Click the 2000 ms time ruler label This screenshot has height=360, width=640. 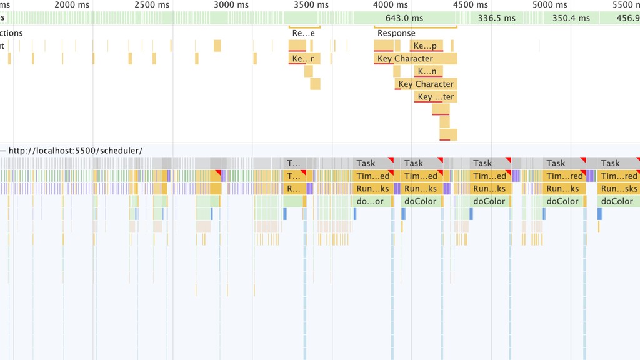click(72, 5)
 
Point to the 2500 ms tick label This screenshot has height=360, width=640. click(153, 5)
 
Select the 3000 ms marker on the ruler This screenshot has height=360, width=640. click(231, 5)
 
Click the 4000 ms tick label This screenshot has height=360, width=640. click(391, 5)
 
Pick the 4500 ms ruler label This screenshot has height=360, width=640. click(471, 5)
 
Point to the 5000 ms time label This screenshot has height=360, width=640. click(550, 5)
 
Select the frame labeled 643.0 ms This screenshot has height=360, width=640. click(404, 18)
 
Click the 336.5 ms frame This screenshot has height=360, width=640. click(497, 18)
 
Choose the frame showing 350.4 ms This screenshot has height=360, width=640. click(571, 18)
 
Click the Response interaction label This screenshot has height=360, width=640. click(396, 33)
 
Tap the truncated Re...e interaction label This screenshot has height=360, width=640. click(304, 33)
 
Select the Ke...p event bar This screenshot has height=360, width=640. click(426, 46)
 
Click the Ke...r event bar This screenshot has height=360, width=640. click(304, 59)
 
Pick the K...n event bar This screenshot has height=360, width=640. click(428, 71)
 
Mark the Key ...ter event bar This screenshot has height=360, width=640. click(436, 97)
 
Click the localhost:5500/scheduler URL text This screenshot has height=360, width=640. click(76, 151)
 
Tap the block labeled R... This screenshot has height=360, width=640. click(293, 189)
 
